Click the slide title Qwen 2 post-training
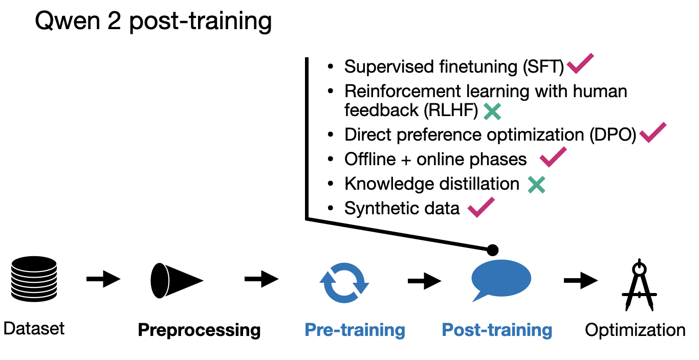tap(153, 22)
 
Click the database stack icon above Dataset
tap(34, 279)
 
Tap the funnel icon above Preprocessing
tap(176, 280)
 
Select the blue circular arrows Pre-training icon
tap(344, 281)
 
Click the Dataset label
tap(34, 328)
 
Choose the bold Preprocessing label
tap(199, 330)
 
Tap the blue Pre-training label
tap(355, 330)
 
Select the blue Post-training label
tap(497, 330)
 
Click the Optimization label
tap(635, 330)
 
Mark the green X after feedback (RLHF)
tap(492, 111)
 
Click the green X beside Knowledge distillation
tap(536, 184)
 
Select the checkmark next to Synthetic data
tap(481, 207)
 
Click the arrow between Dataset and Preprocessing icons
tap(103, 279)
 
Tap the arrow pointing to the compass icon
tap(580, 280)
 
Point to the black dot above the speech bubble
tap(492, 250)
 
